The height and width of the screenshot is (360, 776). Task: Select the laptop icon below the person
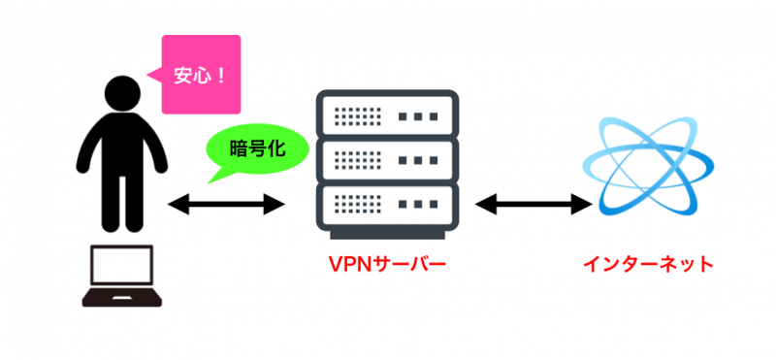[120, 278]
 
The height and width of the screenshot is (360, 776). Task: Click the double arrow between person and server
[225, 205]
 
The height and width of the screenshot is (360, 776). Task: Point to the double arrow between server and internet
[533, 205]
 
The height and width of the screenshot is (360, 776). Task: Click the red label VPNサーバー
[386, 264]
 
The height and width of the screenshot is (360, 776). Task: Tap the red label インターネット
[648, 264]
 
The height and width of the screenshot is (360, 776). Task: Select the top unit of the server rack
[387, 115]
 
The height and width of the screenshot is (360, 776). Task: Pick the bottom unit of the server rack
[387, 205]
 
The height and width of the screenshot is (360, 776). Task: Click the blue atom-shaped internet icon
[648, 165]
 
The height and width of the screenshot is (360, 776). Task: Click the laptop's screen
[120, 267]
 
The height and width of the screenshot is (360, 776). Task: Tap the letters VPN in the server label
[347, 264]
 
